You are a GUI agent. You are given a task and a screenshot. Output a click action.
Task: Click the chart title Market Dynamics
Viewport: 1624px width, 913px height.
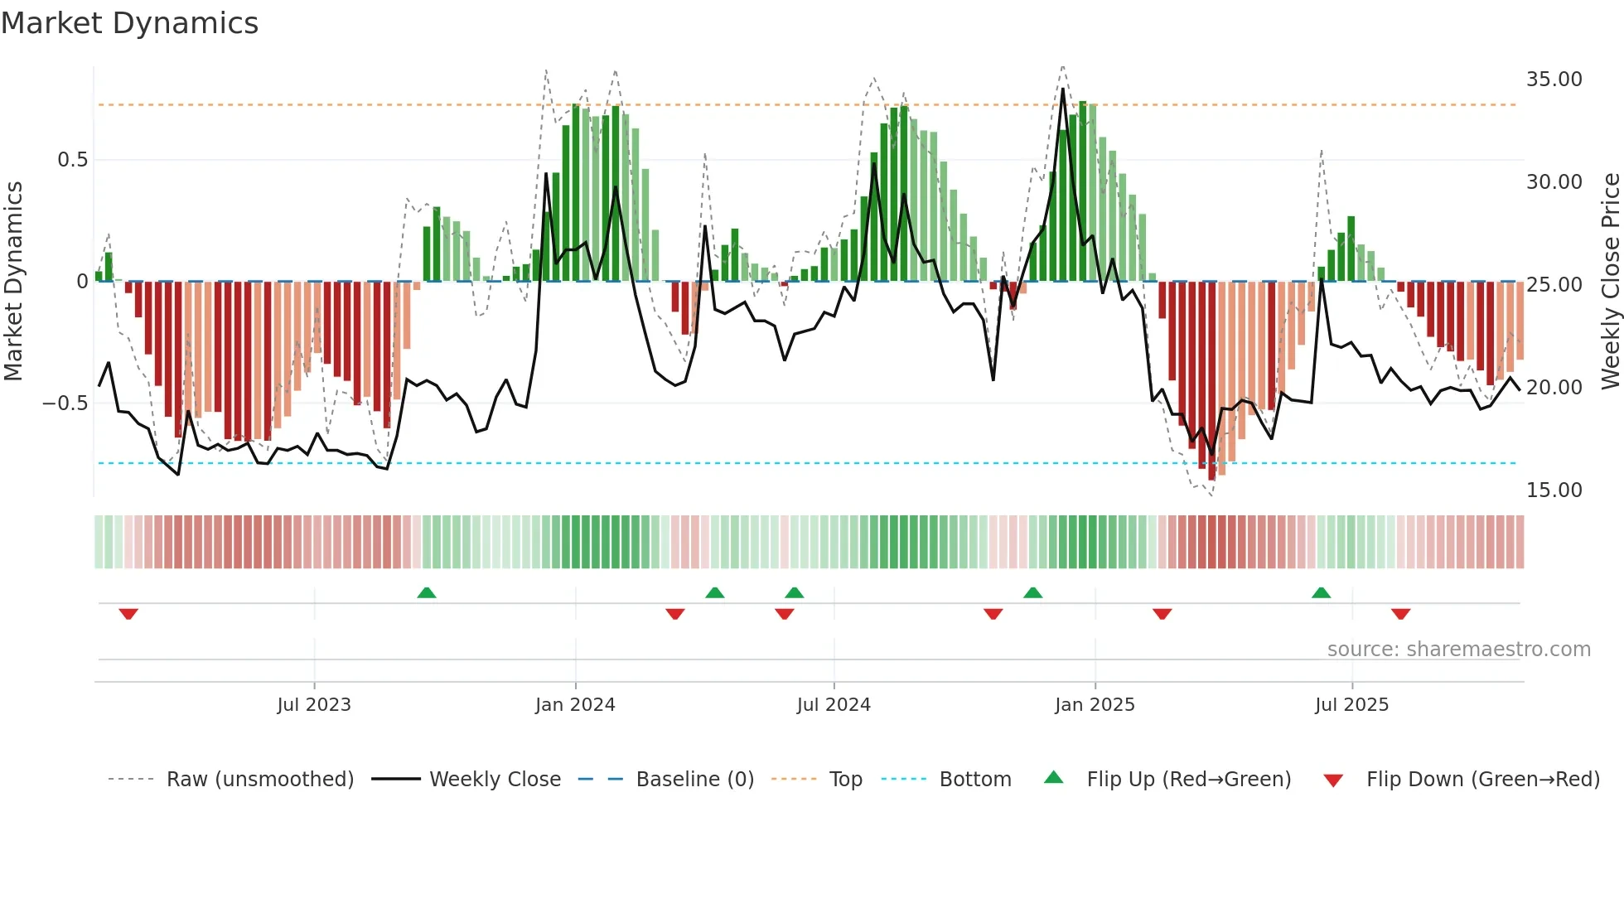click(x=129, y=23)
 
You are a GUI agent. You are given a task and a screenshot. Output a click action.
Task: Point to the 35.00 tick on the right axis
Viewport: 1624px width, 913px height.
click(x=1554, y=80)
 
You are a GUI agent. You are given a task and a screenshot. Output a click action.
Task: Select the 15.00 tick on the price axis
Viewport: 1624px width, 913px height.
click(x=1554, y=490)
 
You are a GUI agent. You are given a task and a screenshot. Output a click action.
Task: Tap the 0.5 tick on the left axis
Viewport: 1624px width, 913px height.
click(x=72, y=160)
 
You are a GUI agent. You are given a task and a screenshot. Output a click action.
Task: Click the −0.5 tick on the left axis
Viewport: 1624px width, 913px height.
click(x=65, y=403)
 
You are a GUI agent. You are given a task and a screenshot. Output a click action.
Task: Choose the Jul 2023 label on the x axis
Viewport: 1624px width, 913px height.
click(x=314, y=705)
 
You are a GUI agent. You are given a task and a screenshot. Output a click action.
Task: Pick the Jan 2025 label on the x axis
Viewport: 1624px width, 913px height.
click(x=1095, y=705)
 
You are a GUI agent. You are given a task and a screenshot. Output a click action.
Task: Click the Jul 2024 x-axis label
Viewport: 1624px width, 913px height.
click(x=834, y=705)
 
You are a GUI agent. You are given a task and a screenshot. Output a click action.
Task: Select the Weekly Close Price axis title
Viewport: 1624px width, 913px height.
click(x=1610, y=282)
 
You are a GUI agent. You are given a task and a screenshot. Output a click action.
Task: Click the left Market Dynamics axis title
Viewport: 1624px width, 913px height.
click(x=13, y=282)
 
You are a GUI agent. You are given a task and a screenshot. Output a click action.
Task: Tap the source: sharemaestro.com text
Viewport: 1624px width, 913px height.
click(x=1458, y=650)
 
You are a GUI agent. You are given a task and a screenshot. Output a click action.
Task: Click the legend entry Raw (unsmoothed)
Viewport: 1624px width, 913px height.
click(x=259, y=780)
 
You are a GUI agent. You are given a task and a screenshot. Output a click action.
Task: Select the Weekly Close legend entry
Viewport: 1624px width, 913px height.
click(x=495, y=780)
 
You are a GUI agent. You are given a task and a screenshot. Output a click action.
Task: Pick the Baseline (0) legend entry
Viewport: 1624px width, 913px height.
click(x=694, y=780)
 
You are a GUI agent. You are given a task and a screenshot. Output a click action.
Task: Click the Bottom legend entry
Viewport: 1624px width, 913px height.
click(x=974, y=780)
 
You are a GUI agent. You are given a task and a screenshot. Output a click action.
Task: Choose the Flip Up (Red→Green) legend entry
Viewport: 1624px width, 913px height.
click(x=1188, y=780)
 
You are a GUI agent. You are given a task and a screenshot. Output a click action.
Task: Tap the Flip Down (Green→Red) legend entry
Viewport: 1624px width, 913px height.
click(x=1482, y=780)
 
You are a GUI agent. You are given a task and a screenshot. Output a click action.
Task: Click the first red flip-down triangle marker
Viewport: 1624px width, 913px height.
click(x=128, y=614)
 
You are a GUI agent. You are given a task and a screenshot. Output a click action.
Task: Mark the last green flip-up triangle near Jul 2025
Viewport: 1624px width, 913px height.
click(x=1321, y=592)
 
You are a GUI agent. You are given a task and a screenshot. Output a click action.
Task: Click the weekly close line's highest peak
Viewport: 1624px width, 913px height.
click(x=1063, y=89)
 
